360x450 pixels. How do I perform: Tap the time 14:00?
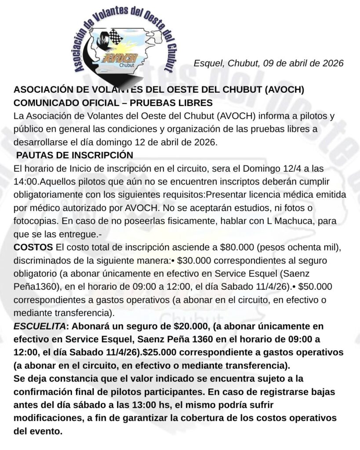point(25,181)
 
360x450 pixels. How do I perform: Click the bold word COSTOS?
point(33,247)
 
